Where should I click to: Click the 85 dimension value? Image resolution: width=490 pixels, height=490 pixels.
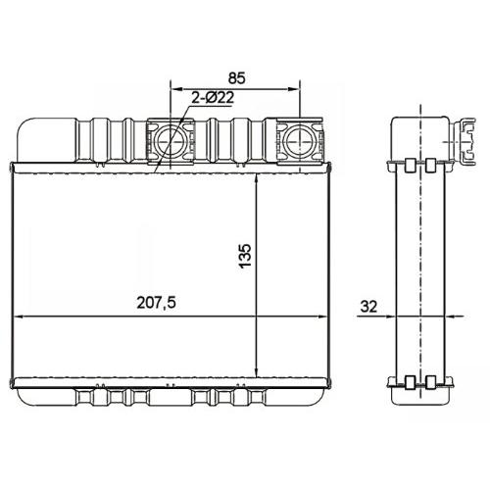pos(236,78)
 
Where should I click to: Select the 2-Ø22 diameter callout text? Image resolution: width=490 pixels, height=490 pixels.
pos(213,98)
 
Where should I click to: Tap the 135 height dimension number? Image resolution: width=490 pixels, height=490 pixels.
pos(245,256)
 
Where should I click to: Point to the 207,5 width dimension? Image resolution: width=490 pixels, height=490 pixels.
pos(156,303)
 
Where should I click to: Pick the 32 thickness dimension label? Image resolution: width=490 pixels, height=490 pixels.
pos(368,307)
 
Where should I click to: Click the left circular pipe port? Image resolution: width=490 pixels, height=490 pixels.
pos(170,142)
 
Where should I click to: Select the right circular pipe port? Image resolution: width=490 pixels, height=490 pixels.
pos(299,142)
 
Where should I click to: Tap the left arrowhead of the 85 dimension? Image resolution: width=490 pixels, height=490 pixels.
pos(175,89)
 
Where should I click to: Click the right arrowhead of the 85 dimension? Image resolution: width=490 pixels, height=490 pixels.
pos(294,89)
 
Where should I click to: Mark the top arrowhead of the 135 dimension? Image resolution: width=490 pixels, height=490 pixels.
pos(257,179)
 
